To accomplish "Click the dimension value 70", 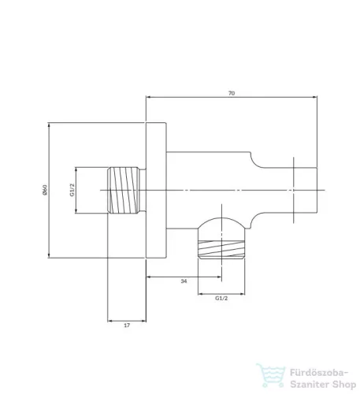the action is (232, 93).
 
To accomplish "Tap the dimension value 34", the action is (184, 281).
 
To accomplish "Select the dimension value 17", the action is (127, 325).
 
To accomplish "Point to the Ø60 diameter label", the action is (45, 190).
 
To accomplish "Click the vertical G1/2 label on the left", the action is (72, 190).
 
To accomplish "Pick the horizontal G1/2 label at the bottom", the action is (221, 298).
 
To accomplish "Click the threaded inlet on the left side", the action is (124, 190).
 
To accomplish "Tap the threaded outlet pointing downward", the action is (221, 249).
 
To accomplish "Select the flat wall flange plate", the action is (156, 190).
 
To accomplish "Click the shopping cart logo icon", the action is (271, 375).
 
